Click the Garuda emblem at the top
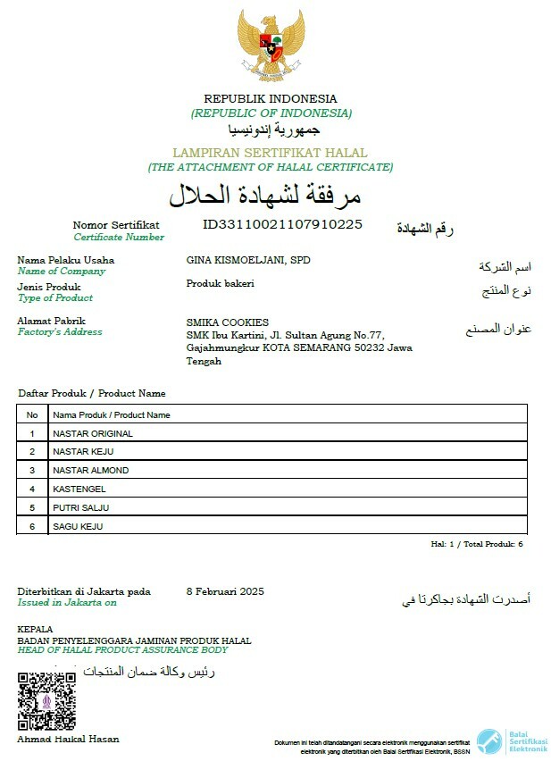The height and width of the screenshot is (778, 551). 271,45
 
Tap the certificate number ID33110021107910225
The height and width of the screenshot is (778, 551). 282,224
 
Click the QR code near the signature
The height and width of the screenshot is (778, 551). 46,701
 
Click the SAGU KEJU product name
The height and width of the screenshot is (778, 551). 78,527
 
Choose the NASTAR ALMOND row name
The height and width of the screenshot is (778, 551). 90,471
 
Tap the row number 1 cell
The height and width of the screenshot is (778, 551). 32,434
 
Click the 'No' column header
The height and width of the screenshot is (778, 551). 32,415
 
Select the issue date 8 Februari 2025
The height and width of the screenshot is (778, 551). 225,591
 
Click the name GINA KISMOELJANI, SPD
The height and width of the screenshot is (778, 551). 248,260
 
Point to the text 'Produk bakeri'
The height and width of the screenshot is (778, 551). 221,283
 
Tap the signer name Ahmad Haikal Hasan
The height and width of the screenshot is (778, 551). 68,739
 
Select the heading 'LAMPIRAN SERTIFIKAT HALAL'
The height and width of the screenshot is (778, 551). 270,153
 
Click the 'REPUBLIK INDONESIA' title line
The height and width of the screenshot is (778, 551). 271,98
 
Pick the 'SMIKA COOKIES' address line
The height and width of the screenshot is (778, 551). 228,322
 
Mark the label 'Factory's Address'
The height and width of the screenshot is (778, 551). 60,332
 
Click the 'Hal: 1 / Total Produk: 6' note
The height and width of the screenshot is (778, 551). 477,544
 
